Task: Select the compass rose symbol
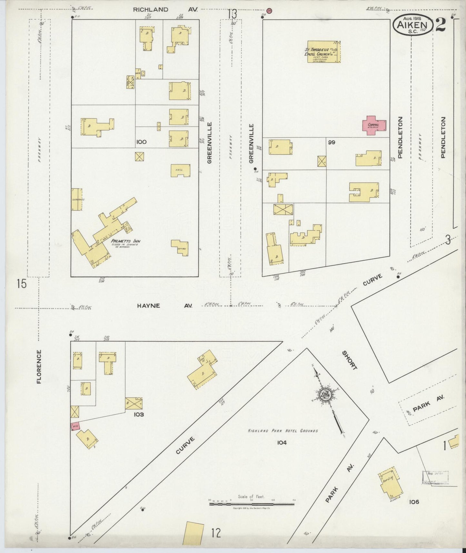pyautogui.click(x=325, y=394)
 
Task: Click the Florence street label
pyautogui.click(x=39, y=367)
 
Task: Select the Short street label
pyautogui.click(x=350, y=360)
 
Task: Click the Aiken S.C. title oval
pyautogui.click(x=412, y=25)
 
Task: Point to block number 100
pyautogui.click(x=141, y=142)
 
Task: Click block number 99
pyautogui.click(x=332, y=142)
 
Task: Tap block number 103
pyautogui.click(x=139, y=414)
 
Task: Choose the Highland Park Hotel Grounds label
pyautogui.click(x=283, y=431)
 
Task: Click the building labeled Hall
pyautogui.click(x=180, y=170)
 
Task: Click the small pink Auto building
pyautogui.click(x=75, y=426)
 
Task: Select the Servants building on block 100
pyautogui.click(x=76, y=199)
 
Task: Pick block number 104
pyautogui.click(x=282, y=443)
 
